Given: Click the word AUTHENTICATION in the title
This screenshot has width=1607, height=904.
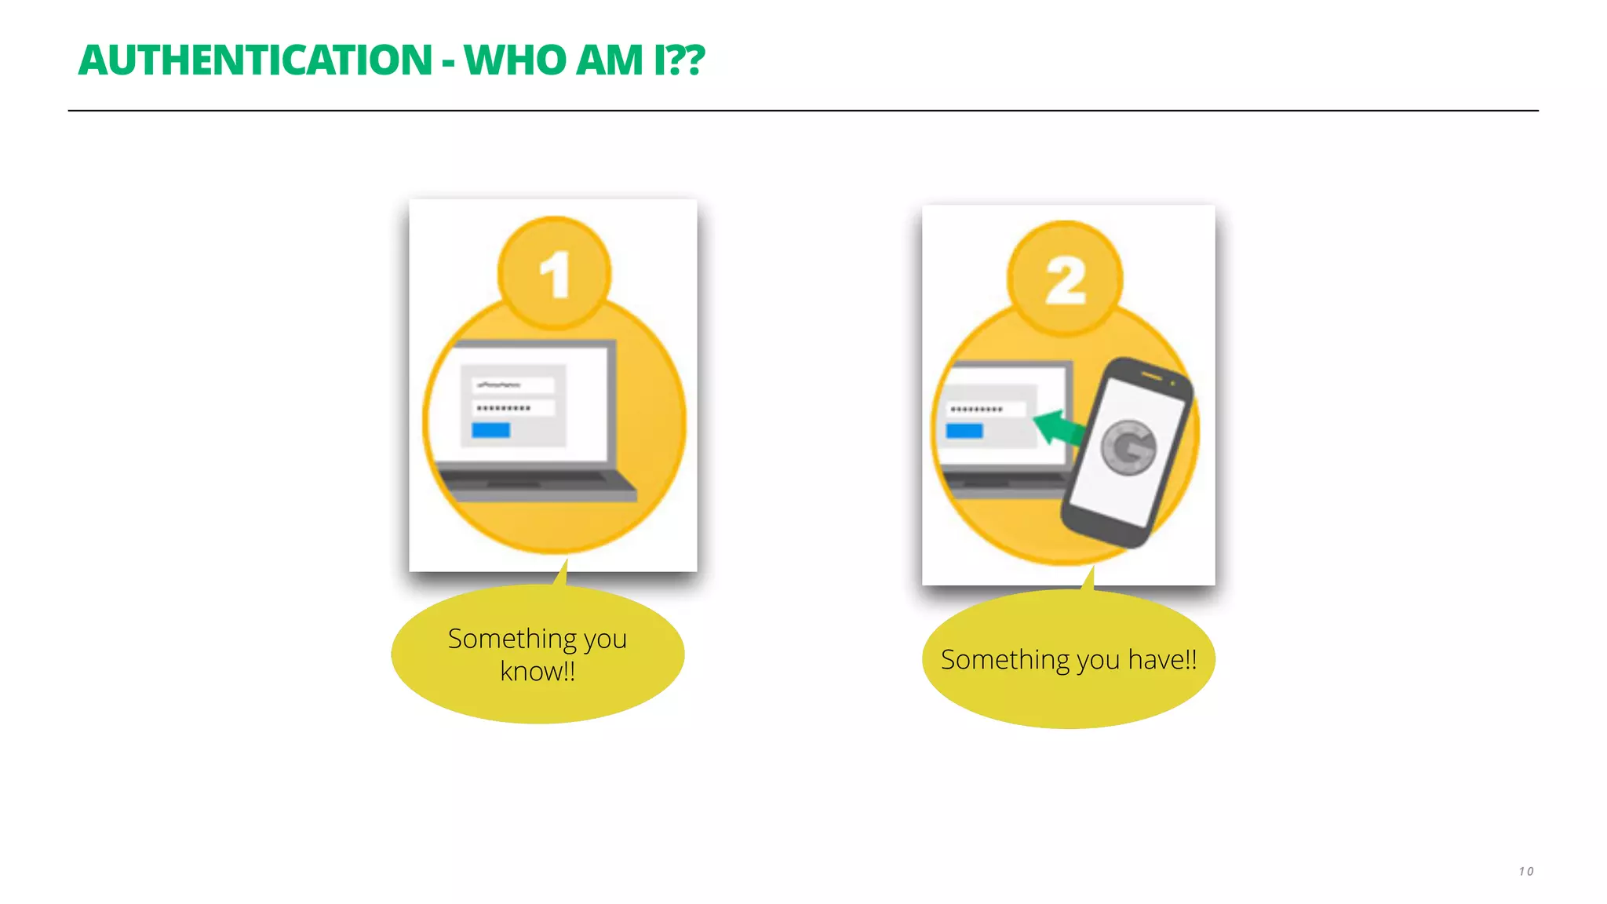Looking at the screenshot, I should click(x=255, y=60).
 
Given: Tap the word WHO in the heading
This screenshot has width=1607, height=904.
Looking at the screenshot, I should click(x=515, y=60).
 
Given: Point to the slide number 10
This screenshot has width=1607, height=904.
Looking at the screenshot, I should click(x=1525, y=871).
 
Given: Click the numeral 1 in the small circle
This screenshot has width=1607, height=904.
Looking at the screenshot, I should click(x=555, y=275).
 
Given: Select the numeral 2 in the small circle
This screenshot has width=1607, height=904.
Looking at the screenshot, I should click(x=1066, y=280).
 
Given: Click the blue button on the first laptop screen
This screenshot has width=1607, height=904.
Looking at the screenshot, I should click(x=490, y=430).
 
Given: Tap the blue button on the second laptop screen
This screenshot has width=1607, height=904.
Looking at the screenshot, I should click(x=964, y=431).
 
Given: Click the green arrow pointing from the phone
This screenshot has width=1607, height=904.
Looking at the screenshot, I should click(x=1057, y=428).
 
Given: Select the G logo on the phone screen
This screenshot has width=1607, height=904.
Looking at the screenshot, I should click(x=1128, y=448).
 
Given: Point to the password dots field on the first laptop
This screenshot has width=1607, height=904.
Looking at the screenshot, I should click(x=513, y=408).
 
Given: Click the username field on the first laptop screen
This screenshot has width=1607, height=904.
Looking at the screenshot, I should click(x=513, y=385).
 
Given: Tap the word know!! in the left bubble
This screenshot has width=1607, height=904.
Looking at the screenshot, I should click(x=537, y=672).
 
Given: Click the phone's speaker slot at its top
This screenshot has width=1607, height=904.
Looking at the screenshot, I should click(x=1151, y=377).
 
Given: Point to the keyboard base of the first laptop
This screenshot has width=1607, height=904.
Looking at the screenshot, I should click(x=537, y=486).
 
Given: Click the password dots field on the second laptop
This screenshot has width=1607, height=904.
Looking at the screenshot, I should click(x=985, y=409).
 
